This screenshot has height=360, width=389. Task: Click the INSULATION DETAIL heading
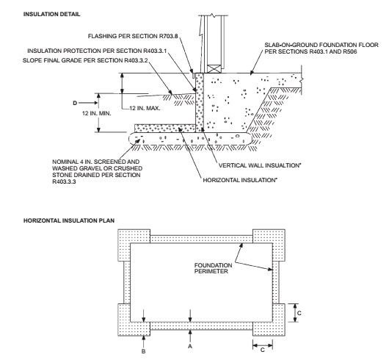(x=51, y=14)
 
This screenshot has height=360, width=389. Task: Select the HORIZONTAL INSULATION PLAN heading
(x=69, y=220)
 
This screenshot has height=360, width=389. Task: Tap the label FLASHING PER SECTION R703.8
(x=133, y=36)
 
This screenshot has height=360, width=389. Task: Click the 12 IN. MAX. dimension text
(x=145, y=108)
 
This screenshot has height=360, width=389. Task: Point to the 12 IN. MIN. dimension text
(x=97, y=113)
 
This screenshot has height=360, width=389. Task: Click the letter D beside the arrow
(x=75, y=103)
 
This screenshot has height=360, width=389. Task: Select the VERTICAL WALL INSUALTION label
(x=259, y=165)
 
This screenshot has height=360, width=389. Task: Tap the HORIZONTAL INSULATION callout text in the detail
(x=240, y=180)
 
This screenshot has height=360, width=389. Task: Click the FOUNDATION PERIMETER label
(x=213, y=268)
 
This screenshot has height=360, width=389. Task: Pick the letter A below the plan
(x=190, y=346)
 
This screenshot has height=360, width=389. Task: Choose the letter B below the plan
(x=143, y=351)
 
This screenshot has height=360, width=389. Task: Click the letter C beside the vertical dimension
(x=299, y=313)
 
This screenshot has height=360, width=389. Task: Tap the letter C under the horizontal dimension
(x=263, y=350)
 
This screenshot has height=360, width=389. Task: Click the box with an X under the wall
(x=214, y=69)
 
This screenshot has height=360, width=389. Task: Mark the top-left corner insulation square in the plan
(x=134, y=245)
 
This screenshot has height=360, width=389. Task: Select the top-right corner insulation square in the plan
(x=269, y=245)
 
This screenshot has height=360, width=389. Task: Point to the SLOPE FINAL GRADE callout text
(x=85, y=60)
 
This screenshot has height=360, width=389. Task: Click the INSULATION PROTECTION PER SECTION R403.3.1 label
(x=97, y=51)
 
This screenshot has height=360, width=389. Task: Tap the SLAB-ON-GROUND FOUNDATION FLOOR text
(x=321, y=45)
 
